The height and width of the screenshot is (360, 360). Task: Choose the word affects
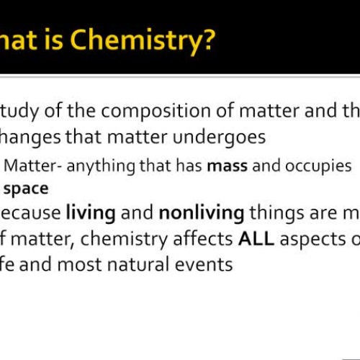[201, 239]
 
